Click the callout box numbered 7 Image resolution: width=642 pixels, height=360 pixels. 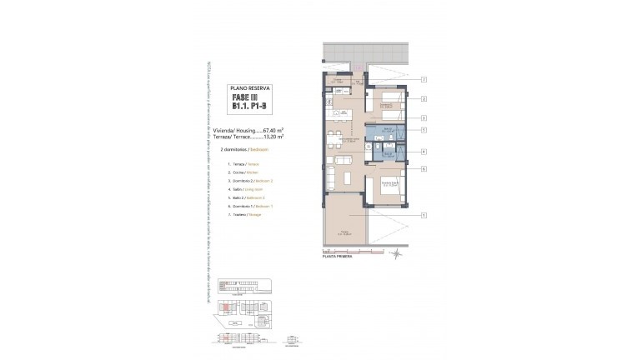pos(424,80)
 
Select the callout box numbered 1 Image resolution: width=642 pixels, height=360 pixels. pos(424,216)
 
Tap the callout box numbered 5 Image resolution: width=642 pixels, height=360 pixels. pos(424,130)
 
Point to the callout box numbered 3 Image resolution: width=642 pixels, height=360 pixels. pos(424,118)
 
